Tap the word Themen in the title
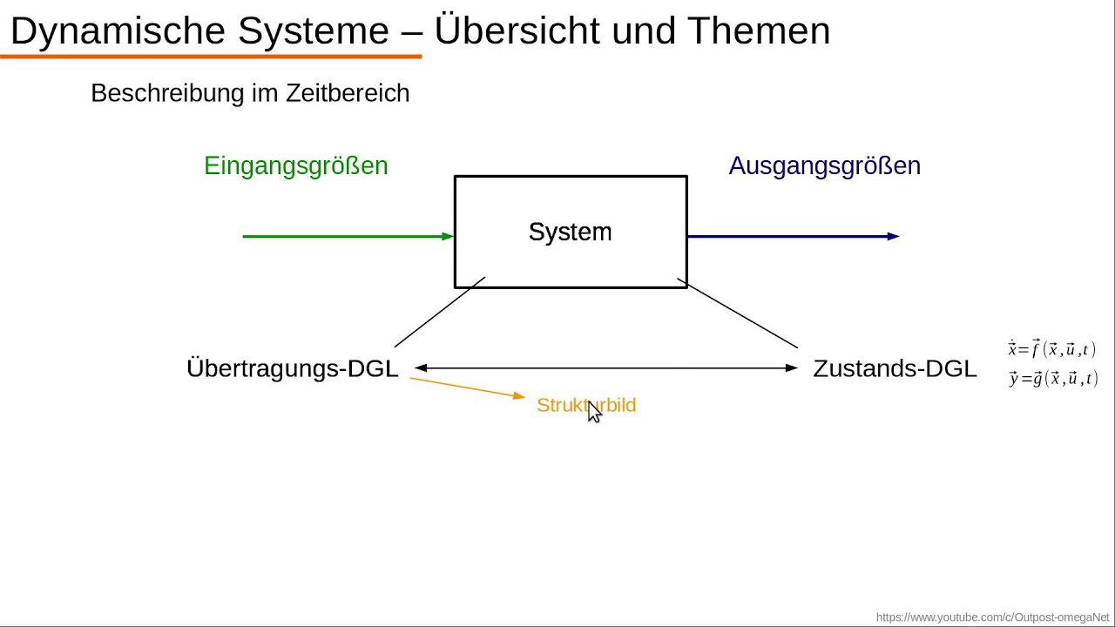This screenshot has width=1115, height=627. tap(758, 31)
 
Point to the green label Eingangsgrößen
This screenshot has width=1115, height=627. tap(295, 166)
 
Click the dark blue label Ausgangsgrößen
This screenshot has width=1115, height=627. tap(824, 166)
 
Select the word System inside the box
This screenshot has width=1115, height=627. tap(570, 233)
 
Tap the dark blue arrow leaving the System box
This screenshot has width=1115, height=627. tap(793, 236)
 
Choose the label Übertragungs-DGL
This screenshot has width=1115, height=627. tap(292, 368)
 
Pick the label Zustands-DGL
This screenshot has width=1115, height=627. tap(895, 368)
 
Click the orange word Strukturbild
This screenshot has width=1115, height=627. tap(586, 405)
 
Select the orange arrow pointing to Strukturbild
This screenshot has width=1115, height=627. tap(468, 388)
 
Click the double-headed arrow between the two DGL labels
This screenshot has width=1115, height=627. tap(606, 368)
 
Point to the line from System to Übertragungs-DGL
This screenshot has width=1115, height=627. tap(439, 313)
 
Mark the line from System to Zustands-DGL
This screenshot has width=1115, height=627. tap(738, 313)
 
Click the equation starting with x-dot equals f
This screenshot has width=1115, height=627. tap(1052, 349)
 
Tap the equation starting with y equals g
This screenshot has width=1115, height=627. tap(1053, 378)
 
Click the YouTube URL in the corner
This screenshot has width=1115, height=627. tap(992, 617)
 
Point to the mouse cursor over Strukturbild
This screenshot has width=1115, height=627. tap(594, 412)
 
